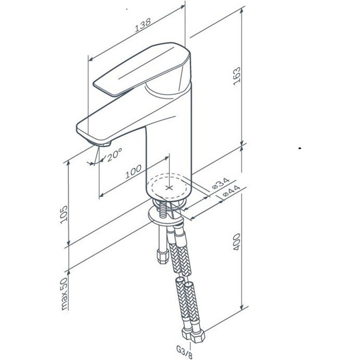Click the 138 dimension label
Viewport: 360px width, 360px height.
tap(143, 24)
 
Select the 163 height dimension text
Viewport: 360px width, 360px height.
tap(237, 76)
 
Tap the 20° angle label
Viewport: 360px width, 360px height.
tap(114, 154)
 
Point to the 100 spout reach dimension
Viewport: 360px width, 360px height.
tap(133, 172)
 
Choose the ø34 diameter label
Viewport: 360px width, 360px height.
tap(221, 183)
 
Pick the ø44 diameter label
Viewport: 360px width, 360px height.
tap(231, 191)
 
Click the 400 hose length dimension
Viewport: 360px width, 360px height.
tap(237, 242)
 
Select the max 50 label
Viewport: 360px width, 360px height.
tap(65, 294)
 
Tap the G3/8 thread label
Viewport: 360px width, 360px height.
tap(184, 352)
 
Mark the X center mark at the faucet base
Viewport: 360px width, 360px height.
tap(169, 188)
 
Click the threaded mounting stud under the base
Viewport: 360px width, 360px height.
tap(163, 210)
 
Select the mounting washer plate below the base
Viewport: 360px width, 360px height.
tap(165, 216)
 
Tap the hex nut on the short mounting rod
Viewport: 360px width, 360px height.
tap(162, 257)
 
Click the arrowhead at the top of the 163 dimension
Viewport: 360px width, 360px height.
tap(241, 11)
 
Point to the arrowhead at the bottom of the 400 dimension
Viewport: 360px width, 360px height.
tap(241, 307)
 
